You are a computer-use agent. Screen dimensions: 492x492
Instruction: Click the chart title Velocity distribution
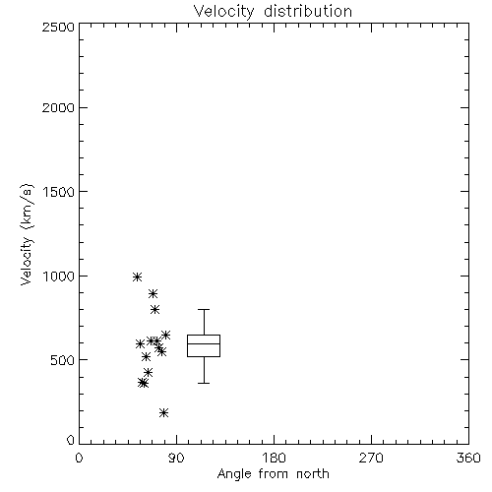coord(273,11)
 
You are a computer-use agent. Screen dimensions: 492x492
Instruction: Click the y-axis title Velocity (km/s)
coord(27,234)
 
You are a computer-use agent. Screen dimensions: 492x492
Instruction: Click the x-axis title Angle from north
coord(274,474)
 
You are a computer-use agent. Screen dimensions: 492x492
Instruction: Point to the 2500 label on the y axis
coord(58,27)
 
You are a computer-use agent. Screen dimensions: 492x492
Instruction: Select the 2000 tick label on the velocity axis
coord(58,107)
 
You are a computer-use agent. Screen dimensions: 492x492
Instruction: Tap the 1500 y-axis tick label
coord(59,192)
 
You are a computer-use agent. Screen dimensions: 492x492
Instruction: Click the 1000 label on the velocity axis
coord(59,277)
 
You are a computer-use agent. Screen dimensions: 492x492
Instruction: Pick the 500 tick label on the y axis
coord(63,360)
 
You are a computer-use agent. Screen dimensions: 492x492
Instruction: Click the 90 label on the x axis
coord(176,458)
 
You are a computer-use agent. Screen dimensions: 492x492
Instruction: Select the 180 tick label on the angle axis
coord(274,458)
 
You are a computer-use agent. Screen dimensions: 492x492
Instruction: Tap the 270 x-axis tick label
coord(371,458)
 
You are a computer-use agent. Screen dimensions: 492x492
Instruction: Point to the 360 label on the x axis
coord(468,458)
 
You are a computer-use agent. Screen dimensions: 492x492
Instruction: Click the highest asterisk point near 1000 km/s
coord(138,277)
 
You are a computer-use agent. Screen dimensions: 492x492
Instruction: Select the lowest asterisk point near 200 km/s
coord(164,412)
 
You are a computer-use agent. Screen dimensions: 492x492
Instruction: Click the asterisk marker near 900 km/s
coord(153,293)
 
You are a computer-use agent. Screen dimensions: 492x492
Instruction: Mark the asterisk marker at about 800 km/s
coord(154,309)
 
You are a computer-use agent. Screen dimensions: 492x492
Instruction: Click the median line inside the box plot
coord(204,343)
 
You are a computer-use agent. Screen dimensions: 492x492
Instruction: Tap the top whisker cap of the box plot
coord(204,309)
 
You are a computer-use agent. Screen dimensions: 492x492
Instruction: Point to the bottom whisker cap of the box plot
coord(204,383)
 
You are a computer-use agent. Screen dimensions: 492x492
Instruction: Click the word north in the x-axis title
coord(313,474)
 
